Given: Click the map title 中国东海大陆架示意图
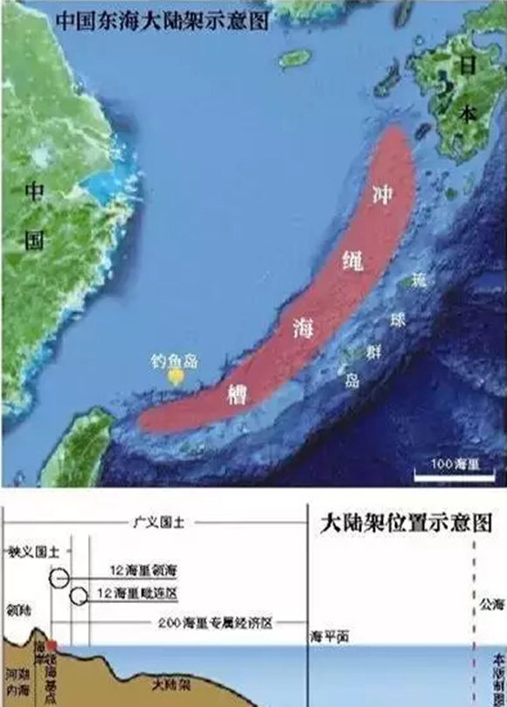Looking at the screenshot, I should pos(161,20).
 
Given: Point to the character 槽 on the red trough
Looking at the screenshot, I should pos(237,392).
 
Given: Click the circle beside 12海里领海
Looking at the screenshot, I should pos(59,578).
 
